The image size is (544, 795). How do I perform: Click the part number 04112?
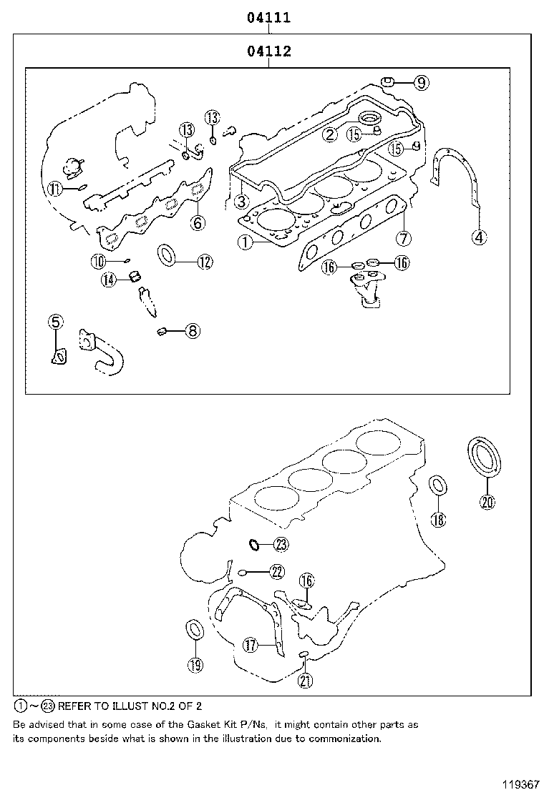click(x=268, y=51)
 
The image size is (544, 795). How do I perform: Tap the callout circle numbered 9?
click(x=421, y=83)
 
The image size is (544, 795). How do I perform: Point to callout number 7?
click(x=404, y=237)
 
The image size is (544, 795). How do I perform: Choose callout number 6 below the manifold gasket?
click(x=198, y=223)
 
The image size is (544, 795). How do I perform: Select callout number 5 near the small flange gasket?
click(x=56, y=322)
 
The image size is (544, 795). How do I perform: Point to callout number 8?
click(x=192, y=330)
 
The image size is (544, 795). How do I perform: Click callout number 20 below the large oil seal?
click(x=487, y=502)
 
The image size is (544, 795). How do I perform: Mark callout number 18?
click(x=439, y=520)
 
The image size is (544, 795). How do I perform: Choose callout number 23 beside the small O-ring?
click(x=280, y=545)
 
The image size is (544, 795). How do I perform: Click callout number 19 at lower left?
click(x=195, y=665)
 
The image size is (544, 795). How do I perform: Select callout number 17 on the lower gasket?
click(x=249, y=646)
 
